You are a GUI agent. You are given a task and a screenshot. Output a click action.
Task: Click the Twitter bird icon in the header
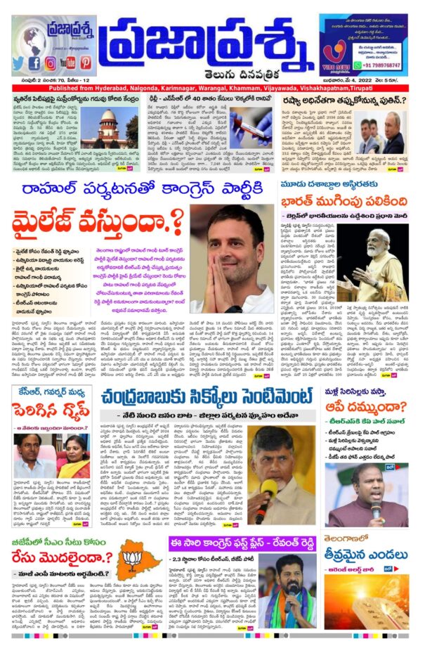(18, 63)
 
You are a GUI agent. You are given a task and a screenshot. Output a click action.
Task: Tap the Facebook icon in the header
(34, 63)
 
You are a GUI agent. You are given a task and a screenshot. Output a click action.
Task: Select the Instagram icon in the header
(50, 63)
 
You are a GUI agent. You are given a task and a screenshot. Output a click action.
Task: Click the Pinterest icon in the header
(87, 63)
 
